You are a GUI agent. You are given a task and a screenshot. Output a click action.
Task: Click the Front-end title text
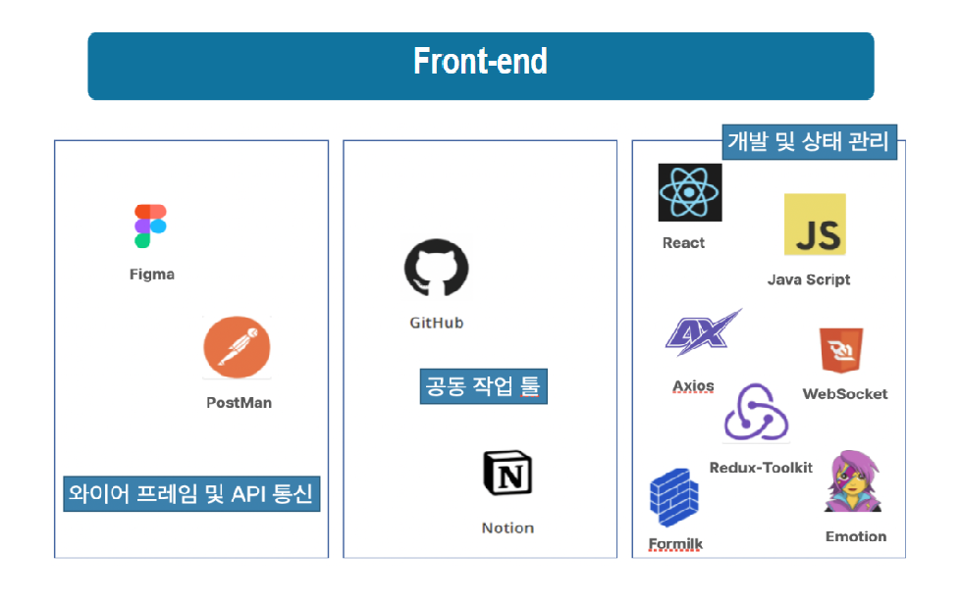coord(480,61)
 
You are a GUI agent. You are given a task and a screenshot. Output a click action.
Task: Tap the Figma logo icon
coord(150,226)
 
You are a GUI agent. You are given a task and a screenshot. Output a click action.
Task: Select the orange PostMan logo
coord(237,347)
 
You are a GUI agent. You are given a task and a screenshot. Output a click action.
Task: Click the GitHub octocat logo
coord(436,268)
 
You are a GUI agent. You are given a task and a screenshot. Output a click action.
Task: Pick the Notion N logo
coord(508,473)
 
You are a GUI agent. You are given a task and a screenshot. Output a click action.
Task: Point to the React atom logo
coord(689,192)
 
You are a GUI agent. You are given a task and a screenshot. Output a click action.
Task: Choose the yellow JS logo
coord(815,225)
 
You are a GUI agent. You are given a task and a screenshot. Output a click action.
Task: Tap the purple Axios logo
coord(703,332)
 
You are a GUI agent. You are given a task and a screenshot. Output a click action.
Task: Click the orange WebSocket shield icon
coord(841,350)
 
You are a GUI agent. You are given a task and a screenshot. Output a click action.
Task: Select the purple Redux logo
coord(756,413)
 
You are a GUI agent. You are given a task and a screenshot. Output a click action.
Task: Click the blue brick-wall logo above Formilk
coord(673,498)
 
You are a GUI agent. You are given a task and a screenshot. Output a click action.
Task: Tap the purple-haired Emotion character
coord(853,481)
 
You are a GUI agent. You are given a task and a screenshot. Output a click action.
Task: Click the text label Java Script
coord(809,280)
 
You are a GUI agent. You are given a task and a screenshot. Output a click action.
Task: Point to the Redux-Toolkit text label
coord(761,468)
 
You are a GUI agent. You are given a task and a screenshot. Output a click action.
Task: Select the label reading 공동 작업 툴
coord(483,386)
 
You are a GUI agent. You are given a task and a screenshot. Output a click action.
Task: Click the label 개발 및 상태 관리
coord(809,142)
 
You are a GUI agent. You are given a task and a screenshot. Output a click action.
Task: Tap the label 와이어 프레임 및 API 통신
coord(191,494)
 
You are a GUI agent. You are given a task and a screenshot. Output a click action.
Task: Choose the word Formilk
coord(675,544)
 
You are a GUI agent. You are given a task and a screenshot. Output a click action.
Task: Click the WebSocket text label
coord(845,394)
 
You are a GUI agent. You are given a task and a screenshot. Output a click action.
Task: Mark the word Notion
coord(508,528)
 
